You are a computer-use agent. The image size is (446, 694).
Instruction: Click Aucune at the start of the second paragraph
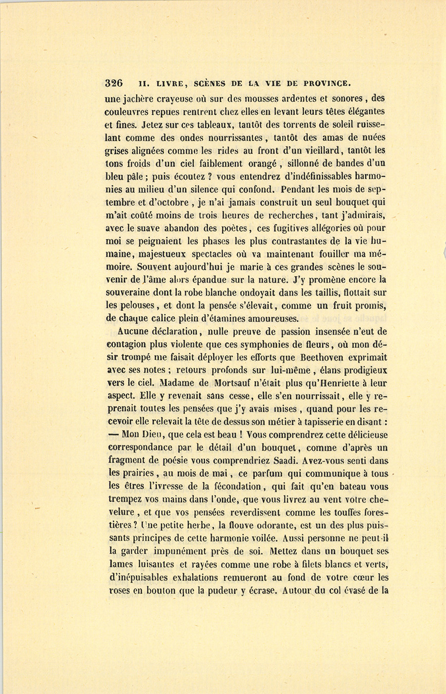(134, 332)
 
